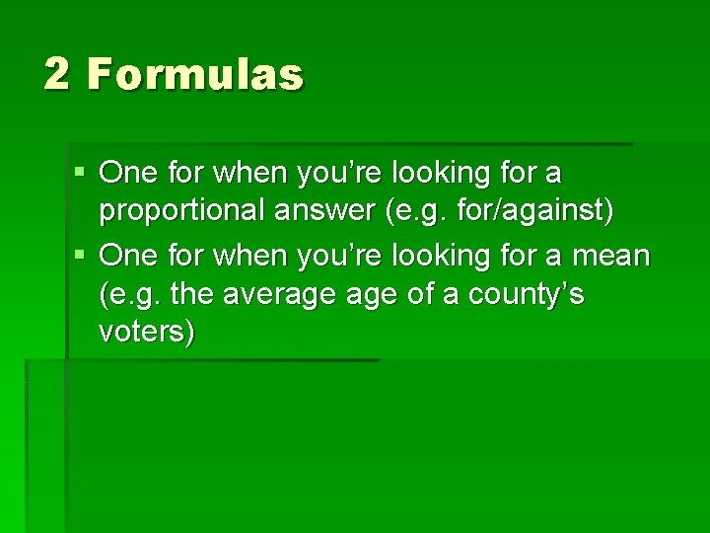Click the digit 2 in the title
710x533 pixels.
[x=57, y=75]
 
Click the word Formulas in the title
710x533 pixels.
[x=195, y=75]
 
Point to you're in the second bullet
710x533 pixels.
[x=332, y=257]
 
